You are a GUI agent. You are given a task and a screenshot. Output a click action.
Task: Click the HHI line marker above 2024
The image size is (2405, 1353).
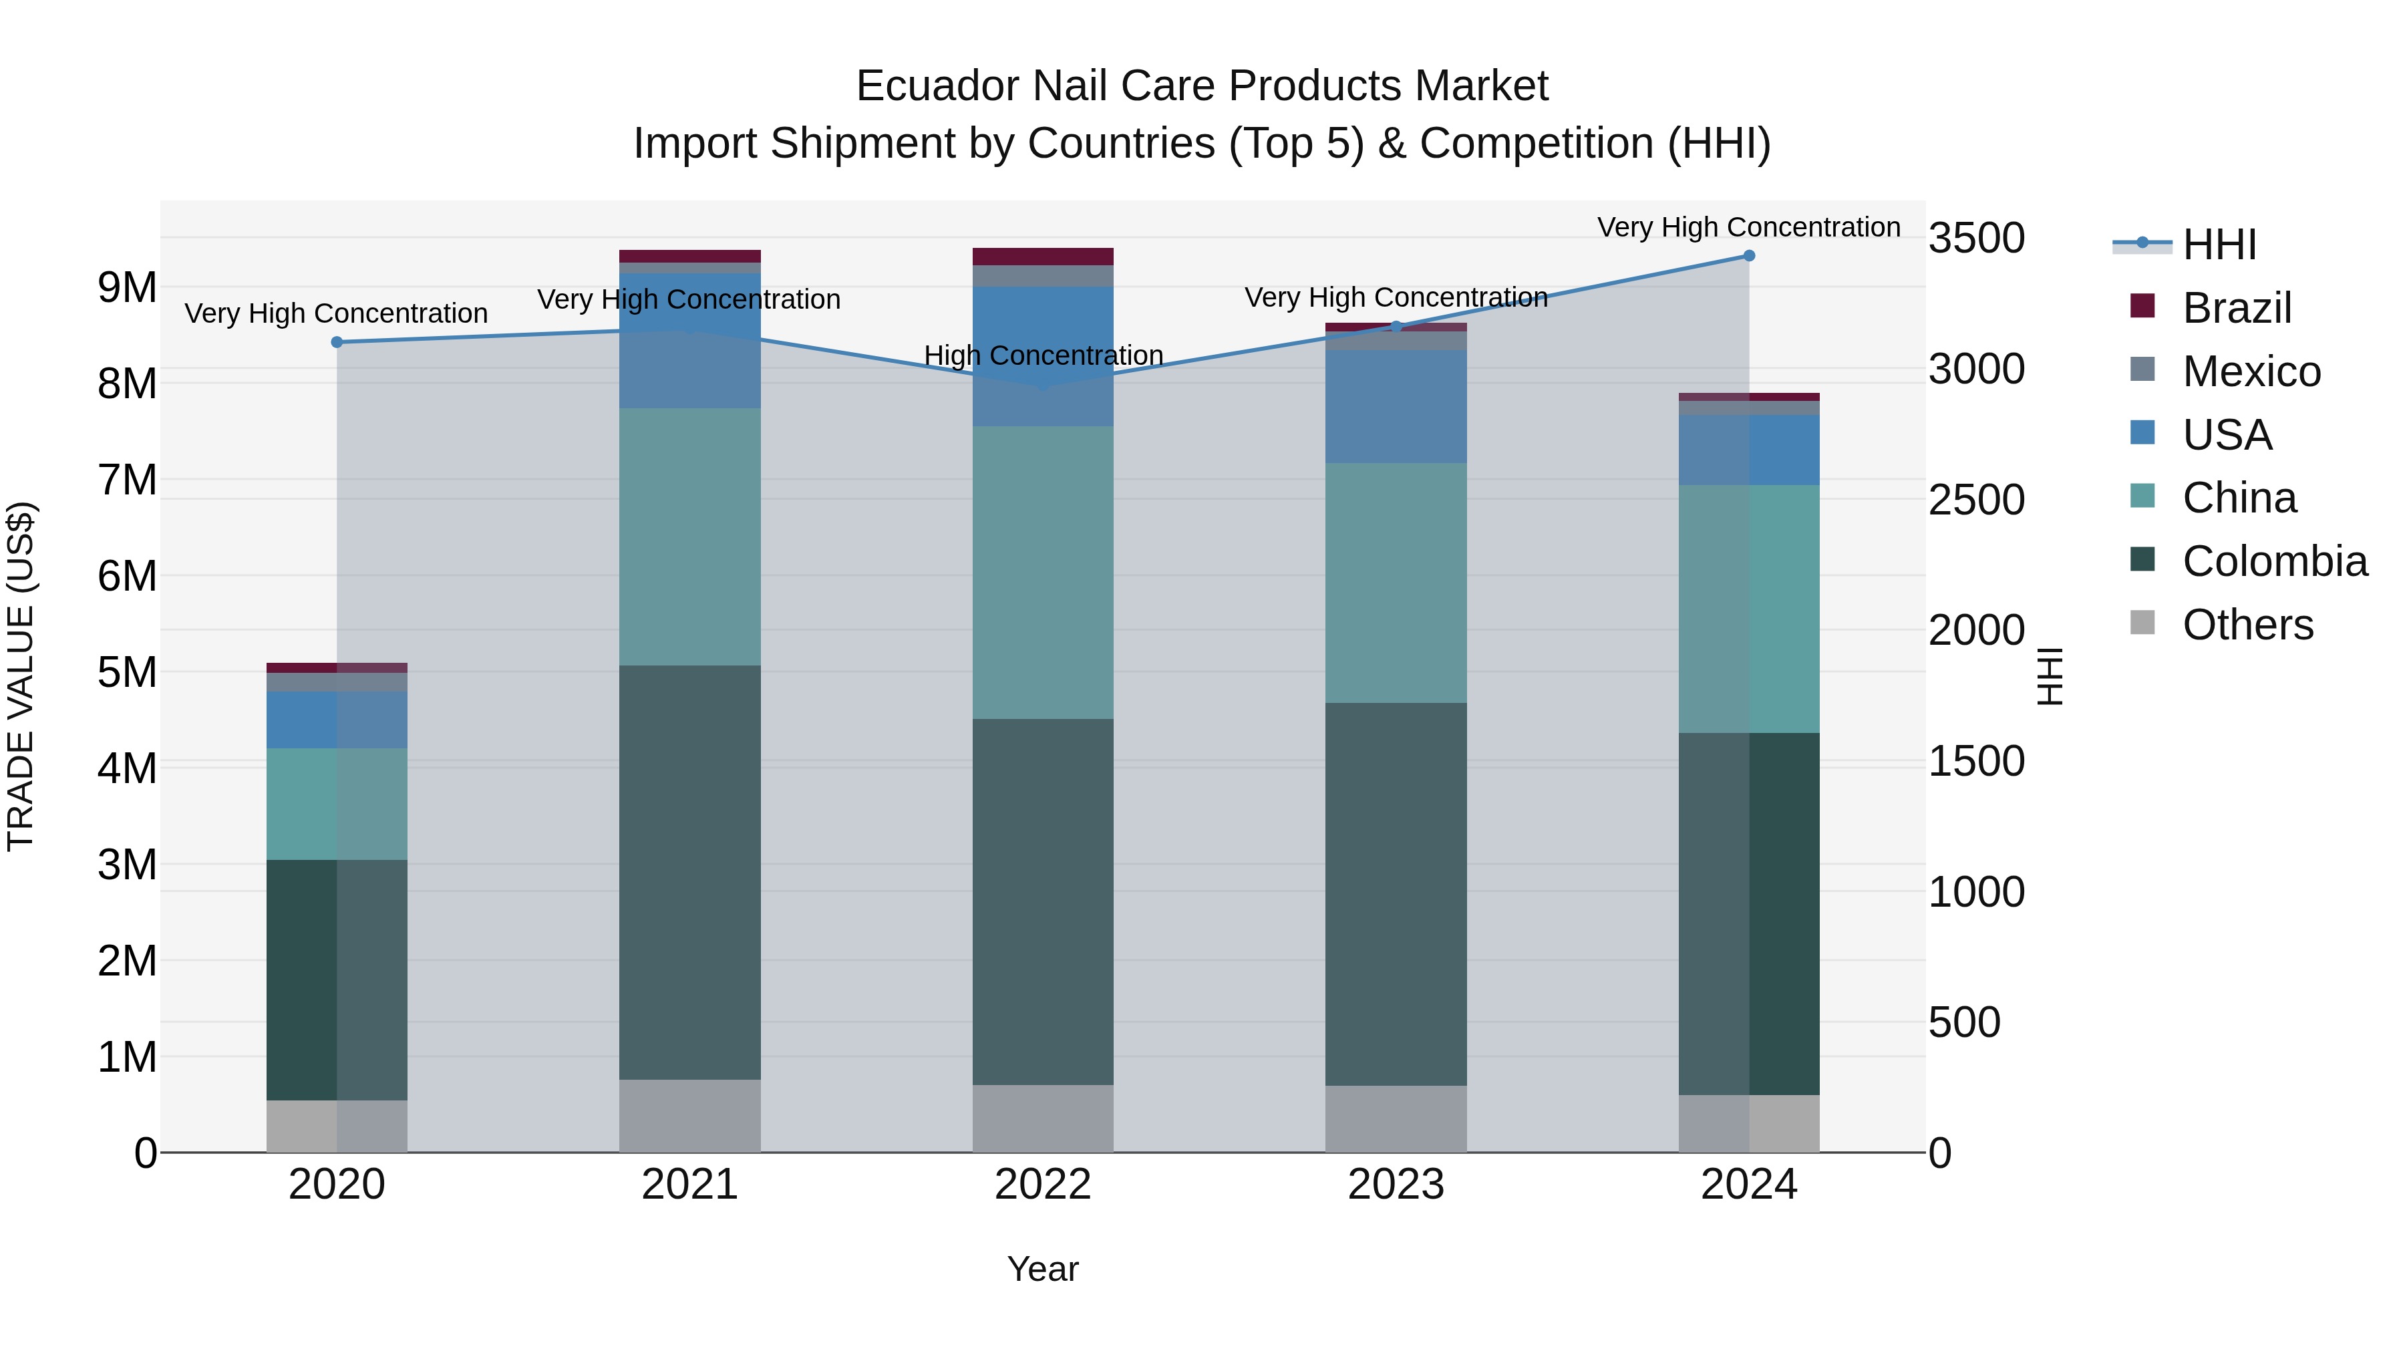point(1749,256)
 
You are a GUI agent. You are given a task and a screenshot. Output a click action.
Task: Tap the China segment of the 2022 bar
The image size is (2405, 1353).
point(1043,573)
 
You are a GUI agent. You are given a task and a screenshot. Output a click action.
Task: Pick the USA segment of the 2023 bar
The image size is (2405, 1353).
point(1396,406)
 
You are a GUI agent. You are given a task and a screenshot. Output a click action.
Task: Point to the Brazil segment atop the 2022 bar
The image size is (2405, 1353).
point(1043,257)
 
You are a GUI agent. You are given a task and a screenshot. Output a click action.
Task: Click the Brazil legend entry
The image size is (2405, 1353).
point(2237,308)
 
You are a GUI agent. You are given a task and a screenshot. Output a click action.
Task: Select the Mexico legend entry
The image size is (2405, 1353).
point(2251,371)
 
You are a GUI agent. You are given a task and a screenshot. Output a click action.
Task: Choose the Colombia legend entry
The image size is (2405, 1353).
point(2274,561)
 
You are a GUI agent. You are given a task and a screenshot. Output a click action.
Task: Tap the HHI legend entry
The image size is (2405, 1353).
point(2219,245)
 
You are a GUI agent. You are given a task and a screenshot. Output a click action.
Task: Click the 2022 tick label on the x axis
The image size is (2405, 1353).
point(1043,1184)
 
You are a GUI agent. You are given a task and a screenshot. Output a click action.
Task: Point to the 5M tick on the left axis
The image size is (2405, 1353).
point(127,672)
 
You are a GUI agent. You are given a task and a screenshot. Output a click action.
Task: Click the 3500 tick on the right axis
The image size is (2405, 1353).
point(1977,238)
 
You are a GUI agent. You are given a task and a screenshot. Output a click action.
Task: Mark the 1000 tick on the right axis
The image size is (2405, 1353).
point(1977,892)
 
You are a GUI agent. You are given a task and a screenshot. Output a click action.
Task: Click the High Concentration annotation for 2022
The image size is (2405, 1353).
point(1043,355)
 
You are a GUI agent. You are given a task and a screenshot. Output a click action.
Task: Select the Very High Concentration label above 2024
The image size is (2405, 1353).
point(1749,227)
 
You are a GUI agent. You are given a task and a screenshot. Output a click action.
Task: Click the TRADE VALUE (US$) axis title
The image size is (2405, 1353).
point(21,676)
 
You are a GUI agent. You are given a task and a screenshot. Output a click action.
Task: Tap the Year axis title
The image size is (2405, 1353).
point(1043,1269)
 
